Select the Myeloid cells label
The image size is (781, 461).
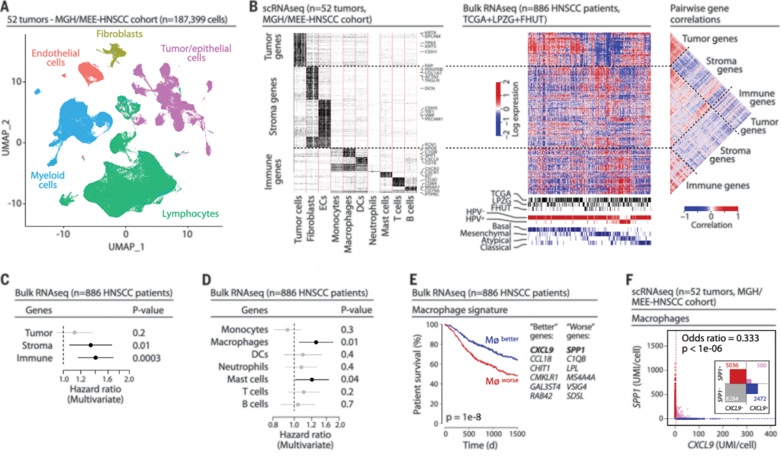(49, 182)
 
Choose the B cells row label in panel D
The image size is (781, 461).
(257, 403)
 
